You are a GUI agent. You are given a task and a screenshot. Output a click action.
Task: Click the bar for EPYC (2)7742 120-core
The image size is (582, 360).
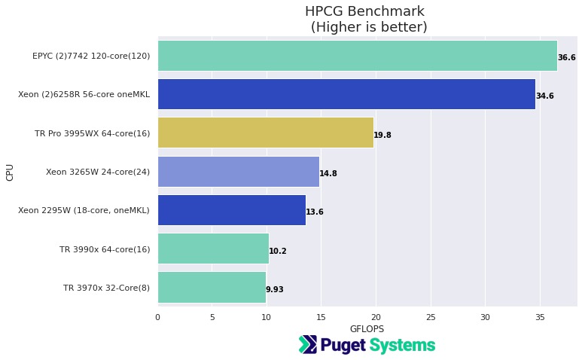tap(357, 56)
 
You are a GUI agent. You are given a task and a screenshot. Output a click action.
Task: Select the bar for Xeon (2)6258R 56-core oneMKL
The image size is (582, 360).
tap(346, 94)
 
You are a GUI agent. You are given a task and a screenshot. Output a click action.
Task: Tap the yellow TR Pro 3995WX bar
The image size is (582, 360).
tap(265, 133)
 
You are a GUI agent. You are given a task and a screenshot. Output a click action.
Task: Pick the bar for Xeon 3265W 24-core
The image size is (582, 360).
tap(238, 172)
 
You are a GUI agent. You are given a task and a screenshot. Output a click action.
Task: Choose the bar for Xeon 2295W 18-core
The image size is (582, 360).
tap(231, 210)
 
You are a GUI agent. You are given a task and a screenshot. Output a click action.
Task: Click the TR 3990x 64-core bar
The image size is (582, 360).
tap(213, 249)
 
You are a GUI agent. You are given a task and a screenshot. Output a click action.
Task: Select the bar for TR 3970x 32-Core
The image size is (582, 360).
tap(212, 287)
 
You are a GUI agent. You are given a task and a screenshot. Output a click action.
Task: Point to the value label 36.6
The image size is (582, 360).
tap(566, 58)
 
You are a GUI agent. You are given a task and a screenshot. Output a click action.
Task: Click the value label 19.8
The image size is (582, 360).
tap(382, 136)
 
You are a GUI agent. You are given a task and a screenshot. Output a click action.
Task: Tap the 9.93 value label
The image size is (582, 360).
tap(275, 290)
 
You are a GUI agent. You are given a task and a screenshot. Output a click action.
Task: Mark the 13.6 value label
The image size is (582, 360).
tap(315, 212)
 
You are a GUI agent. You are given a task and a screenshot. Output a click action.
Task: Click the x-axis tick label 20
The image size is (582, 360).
tap(376, 317)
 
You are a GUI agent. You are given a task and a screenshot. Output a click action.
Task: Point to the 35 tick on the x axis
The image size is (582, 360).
tap(540, 317)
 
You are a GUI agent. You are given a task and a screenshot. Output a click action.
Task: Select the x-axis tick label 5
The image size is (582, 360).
tap(212, 317)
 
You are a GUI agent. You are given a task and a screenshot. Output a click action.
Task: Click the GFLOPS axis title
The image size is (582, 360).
tap(367, 329)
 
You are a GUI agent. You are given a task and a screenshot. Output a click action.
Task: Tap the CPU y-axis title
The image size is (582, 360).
tap(10, 172)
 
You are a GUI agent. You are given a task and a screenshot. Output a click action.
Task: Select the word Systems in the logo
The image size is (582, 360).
tap(402, 346)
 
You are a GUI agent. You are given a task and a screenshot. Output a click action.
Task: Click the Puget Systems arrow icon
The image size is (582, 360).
tap(308, 345)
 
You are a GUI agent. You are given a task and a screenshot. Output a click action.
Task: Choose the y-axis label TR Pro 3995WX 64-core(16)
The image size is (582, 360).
tap(92, 133)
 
